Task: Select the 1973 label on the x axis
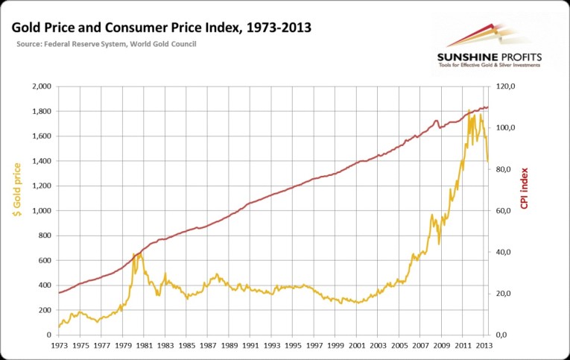tap(59, 346)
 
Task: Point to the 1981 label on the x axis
tap(144, 346)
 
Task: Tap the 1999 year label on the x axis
tap(337, 346)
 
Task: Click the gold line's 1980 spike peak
tap(134, 254)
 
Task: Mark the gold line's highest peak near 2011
tap(469, 111)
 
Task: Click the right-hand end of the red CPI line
tap(487, 107)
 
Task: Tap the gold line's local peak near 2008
tap(432, 215)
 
